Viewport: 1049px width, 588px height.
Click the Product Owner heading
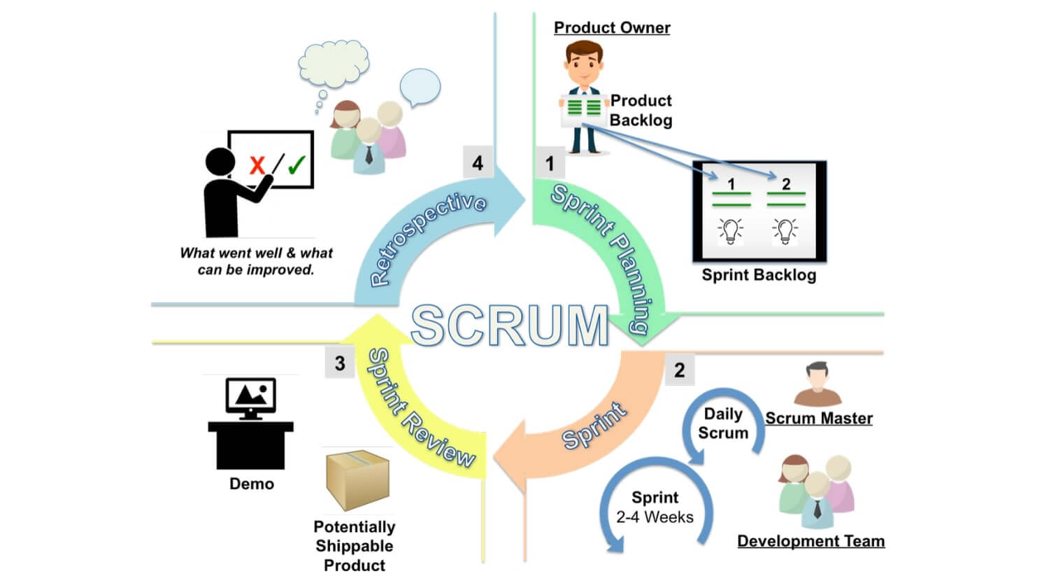[612, 28]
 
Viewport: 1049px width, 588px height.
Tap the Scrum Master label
[819, 419]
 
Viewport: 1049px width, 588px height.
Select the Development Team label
[811, 541]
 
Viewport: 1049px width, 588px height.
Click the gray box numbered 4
[478, 163]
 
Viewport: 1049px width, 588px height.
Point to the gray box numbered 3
[340, 363]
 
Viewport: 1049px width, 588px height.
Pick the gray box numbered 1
[550, 163]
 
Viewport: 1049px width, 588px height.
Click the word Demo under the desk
[252, 484]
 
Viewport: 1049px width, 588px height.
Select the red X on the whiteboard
[257, 165]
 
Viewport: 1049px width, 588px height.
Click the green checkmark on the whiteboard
[296, 164]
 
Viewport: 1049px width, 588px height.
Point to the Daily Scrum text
[723, 423]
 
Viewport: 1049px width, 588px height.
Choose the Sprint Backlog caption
[759, 275]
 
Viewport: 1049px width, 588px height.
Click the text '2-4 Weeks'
[655, 517]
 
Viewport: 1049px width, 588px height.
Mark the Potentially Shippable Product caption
[355, 546]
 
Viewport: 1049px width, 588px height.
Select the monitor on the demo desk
[250, 398]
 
